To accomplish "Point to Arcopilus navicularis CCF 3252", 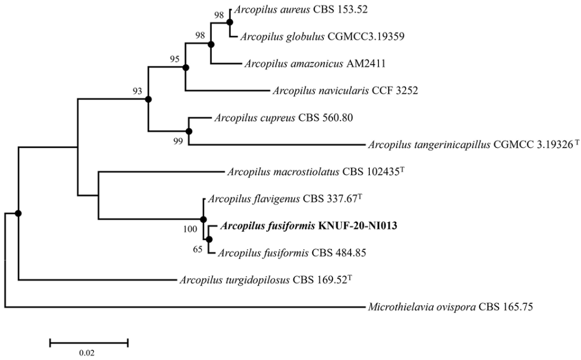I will click(345, 90).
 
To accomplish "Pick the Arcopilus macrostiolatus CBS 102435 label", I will click(307, 171).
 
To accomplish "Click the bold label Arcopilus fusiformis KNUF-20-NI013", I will click(310, 226).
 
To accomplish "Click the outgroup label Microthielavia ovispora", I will click(451, 308).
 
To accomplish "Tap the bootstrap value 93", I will click(138, 90).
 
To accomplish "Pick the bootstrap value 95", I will click(175, 58).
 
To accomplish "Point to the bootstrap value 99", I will click(179, 141).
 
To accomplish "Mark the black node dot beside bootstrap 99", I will click(188, 132).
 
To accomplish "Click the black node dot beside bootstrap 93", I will click(148, 99).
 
